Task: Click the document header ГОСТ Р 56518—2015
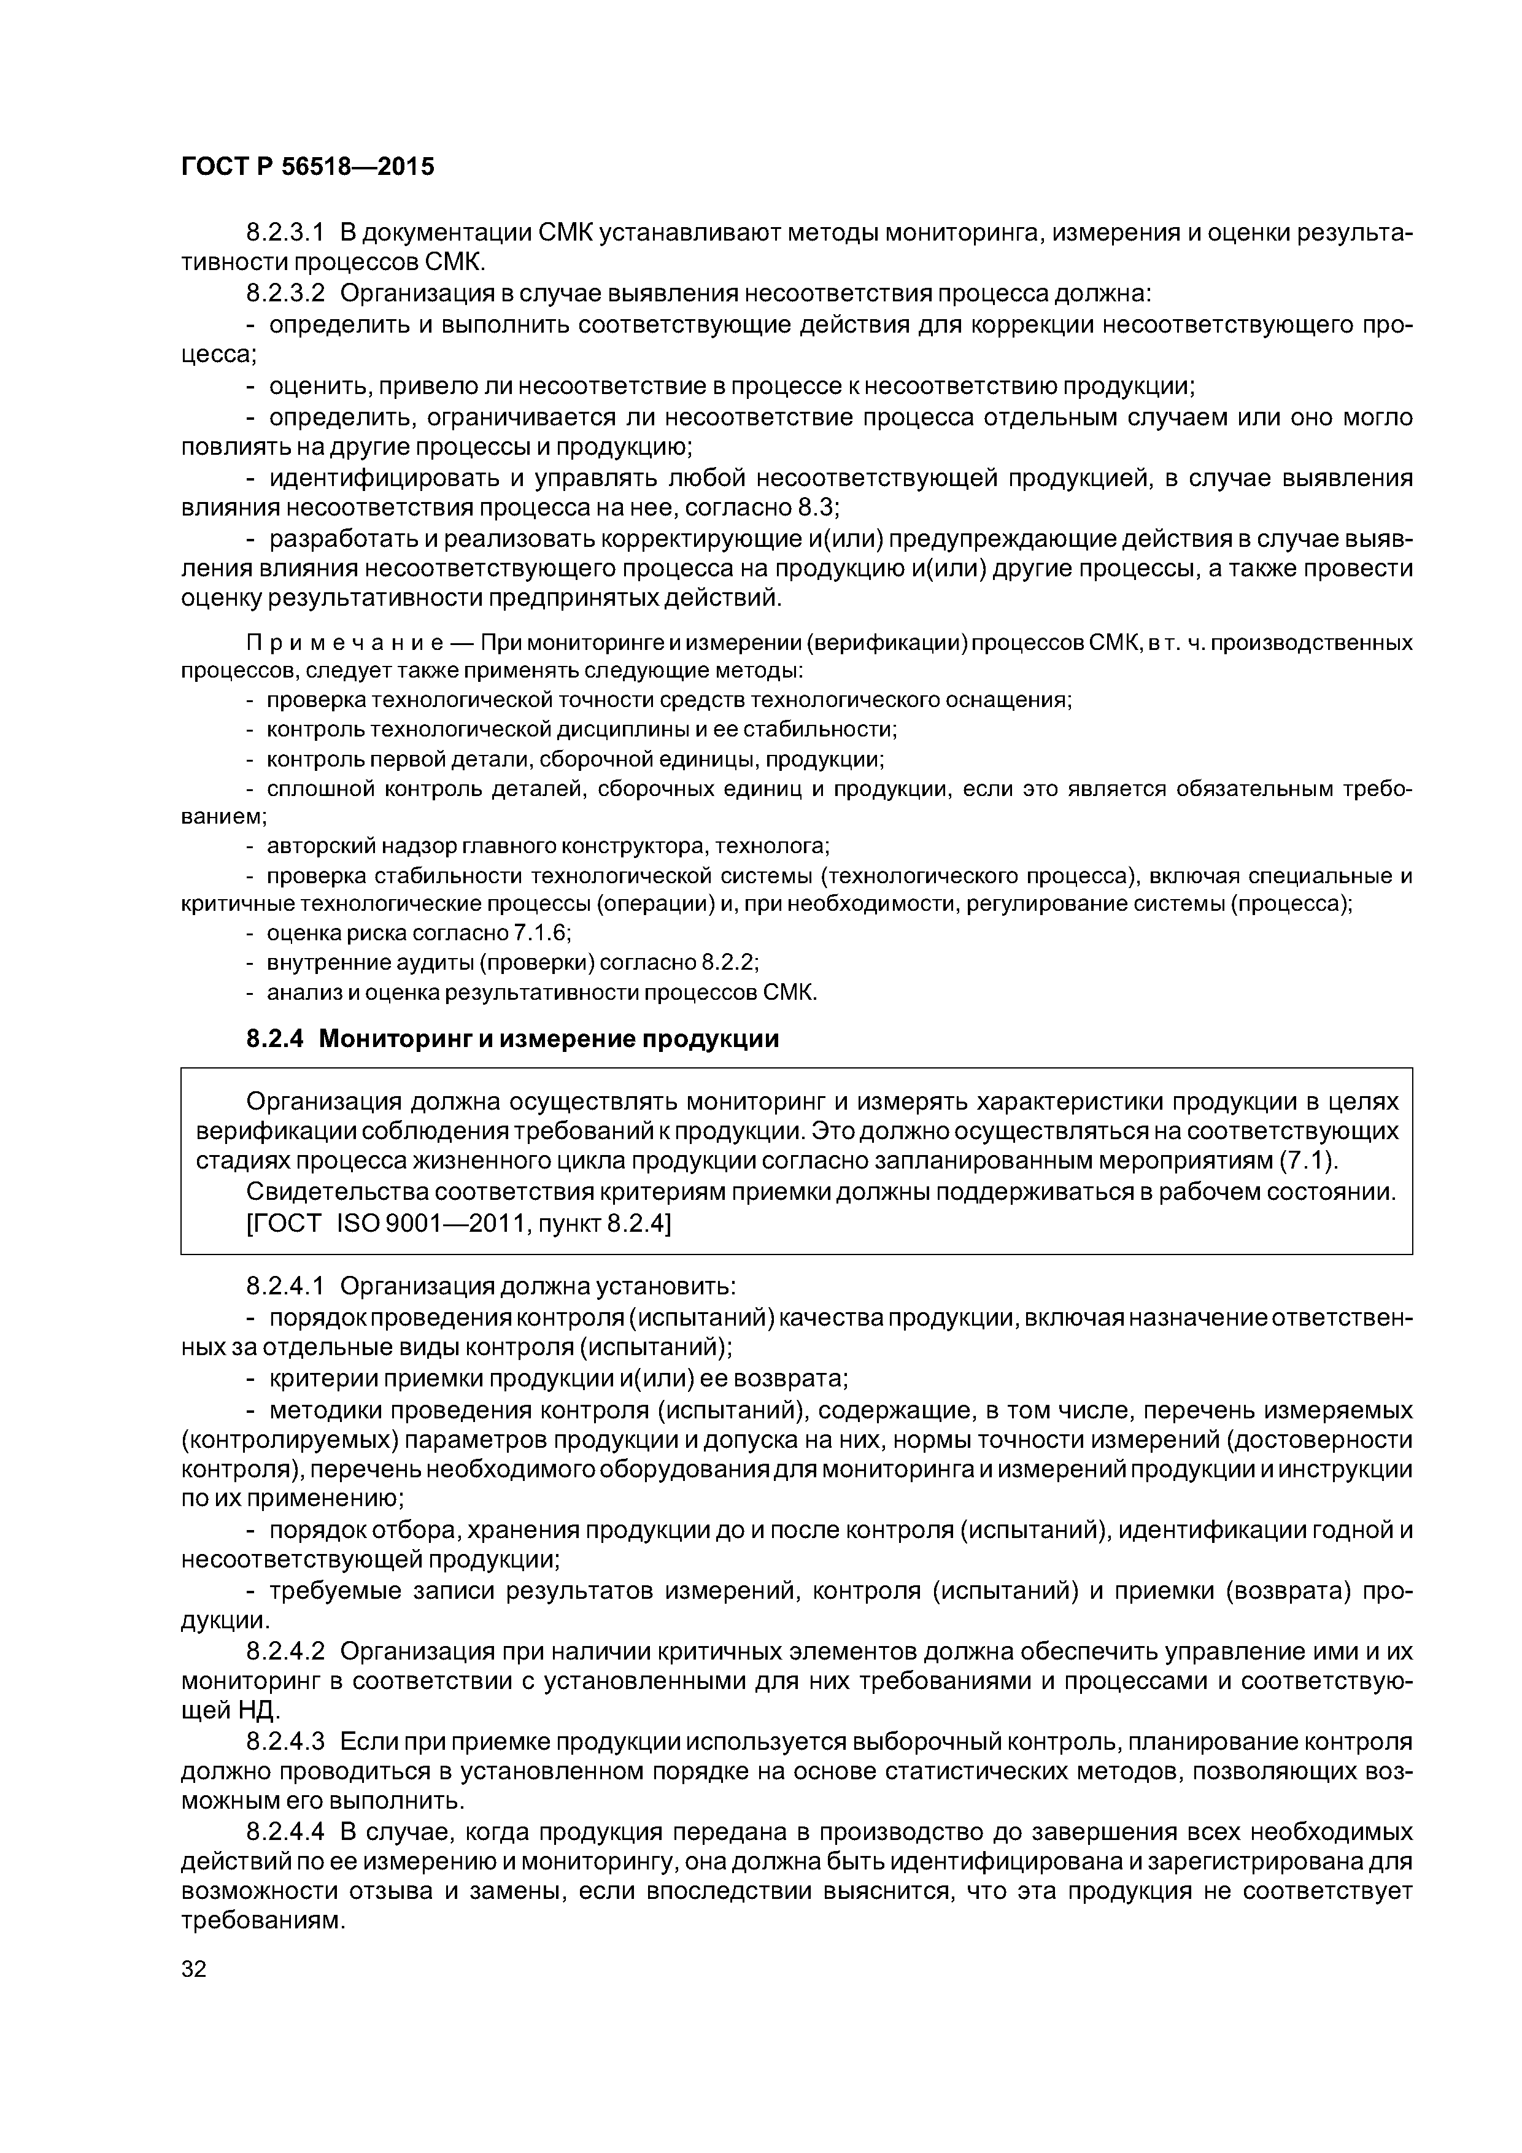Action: click(x=307, y=167)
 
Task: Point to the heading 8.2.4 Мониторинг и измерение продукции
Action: click(x=512, y=1039)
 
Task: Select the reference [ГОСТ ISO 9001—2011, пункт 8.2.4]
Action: click(x=458, y=1223)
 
